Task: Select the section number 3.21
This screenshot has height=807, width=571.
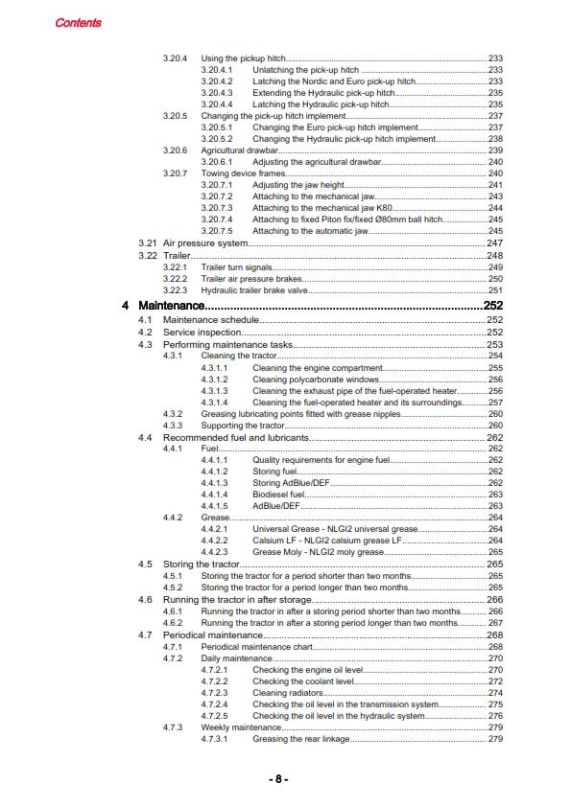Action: tap(147, 244)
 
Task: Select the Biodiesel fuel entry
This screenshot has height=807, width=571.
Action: tap(278, 495)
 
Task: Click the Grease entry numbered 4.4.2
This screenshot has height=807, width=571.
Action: tap(215, 518)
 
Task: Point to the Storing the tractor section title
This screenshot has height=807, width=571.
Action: tap(201, 565)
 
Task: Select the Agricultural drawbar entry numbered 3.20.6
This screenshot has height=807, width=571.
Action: tap(239, 150)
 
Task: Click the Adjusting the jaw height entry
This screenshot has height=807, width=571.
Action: tap(297, 185)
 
